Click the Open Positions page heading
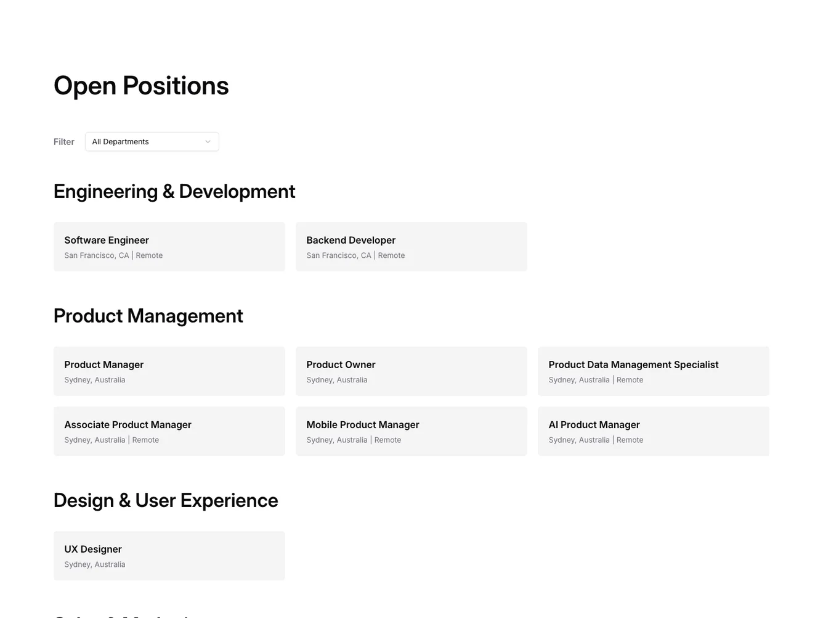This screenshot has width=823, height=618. [x=141, y=86]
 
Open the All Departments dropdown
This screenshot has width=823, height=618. [x=152, y=142]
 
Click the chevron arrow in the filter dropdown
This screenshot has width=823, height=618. [x=208, y=142]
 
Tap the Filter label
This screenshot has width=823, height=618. [x=64, y=142]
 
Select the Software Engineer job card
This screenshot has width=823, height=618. [x=169, y=247]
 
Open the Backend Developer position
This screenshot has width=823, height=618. [x=411, y=247]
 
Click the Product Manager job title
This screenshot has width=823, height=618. [x=104, y=365]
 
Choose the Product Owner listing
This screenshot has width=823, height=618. [x=411, y=371]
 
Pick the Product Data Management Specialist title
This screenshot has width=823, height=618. [x=633, y=365]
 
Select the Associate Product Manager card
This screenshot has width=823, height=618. [x=169, y=431]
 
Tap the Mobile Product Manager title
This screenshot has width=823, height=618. [x=363, y=425]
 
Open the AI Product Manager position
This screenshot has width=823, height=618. [x=653, y=431]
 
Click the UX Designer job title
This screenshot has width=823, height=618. [x=93, y=549]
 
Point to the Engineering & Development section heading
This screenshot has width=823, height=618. [x=174, y=191]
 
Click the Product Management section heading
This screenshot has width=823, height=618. [x=148, y=316]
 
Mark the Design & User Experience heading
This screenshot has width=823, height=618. [x=166, y=500]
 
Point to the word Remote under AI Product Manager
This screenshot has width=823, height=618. [x=630, y=440]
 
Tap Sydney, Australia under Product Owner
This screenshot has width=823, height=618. [x=337, y=380]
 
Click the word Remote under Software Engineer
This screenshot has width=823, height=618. [x=149, y=255]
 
